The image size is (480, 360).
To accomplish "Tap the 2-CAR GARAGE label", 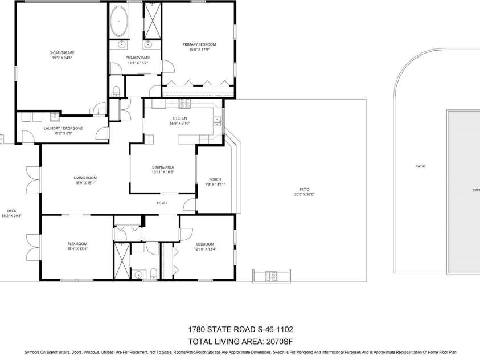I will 61,52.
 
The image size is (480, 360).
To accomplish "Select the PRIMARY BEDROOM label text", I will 199,44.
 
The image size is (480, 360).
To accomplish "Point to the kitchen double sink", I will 217,120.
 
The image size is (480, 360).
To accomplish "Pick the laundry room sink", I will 55,117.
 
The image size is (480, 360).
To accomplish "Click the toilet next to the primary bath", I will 116,91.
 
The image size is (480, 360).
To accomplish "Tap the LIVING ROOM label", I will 85,178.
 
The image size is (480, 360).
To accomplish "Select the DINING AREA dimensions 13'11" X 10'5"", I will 162,172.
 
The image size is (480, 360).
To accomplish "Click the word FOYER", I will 162,203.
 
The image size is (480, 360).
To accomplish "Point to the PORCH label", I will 215,179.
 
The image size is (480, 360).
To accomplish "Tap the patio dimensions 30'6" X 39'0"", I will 305,194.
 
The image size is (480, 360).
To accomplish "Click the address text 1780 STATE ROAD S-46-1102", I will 240,330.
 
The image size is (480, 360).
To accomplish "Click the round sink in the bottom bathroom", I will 138,275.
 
